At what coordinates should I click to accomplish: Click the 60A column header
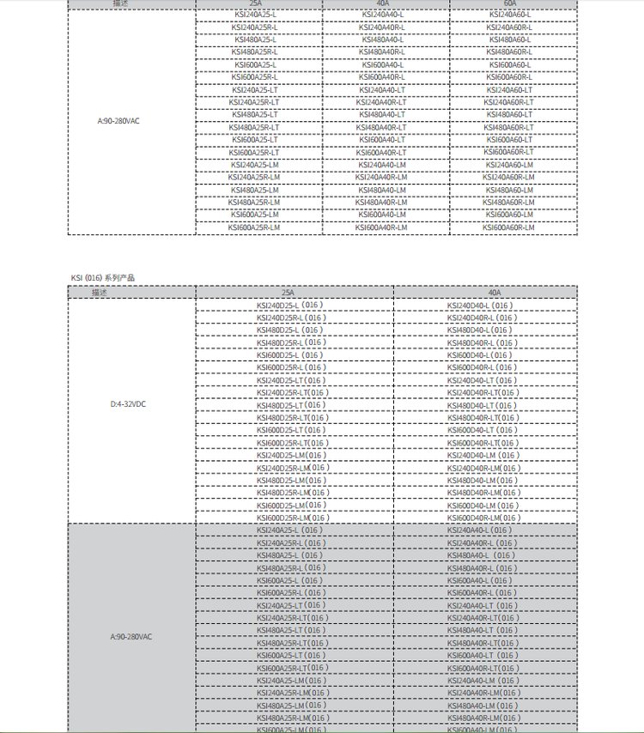pos(510,4)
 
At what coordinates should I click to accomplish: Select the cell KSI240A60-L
pos(510,15)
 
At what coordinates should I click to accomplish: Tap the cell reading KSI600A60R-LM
pos(510,227)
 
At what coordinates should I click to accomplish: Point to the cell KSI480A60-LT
pos(510,114)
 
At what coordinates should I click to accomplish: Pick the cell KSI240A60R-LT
pos(510,102)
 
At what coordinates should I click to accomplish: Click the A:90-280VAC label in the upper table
pos(118,121)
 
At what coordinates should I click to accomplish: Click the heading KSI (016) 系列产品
pos(102,278)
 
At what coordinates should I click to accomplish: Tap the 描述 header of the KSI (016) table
pos(100,292)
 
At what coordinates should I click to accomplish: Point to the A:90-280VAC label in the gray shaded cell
pos(131,637)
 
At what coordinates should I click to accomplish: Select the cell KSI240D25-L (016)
pos(290,306)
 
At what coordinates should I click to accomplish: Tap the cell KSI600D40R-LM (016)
pos(483,518)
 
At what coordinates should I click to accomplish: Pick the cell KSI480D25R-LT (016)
pos(292,418)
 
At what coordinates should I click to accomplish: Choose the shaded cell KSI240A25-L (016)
pos(290,530)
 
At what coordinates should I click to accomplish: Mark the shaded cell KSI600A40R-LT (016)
pos(483,668)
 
